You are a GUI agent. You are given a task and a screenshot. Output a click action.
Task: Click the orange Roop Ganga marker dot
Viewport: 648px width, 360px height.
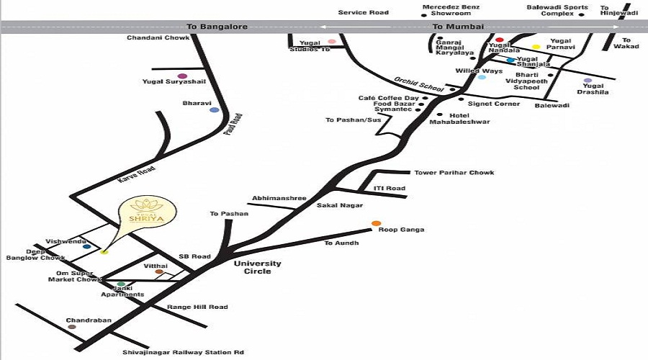[x=376, y=224]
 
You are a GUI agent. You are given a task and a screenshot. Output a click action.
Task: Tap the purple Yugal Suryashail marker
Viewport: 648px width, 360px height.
[x=182, y=76]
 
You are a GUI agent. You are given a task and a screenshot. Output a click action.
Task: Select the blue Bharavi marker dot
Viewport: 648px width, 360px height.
[x=214, y=109]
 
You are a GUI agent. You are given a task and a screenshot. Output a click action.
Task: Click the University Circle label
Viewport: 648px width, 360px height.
[x=257, y=267]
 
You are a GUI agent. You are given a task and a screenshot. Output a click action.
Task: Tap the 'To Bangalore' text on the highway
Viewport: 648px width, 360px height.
[x=217, y=27]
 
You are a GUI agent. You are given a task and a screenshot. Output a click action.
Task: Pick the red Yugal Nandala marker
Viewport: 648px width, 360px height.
[x=499, y=40]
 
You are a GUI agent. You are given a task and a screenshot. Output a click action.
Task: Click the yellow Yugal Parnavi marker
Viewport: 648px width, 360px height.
[x=536, y=48]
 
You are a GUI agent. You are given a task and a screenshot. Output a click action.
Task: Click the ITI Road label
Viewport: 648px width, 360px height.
[x=390, y=188]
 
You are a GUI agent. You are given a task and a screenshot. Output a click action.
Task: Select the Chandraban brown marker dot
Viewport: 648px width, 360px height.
[x=72, y=327]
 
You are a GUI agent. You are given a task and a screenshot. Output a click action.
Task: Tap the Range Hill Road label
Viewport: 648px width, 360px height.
[x=197, y=307]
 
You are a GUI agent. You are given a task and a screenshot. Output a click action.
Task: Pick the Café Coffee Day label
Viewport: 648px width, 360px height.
[x=389, y=97]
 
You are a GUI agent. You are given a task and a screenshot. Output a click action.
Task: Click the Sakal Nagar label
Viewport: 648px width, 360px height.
[x=333, y=205]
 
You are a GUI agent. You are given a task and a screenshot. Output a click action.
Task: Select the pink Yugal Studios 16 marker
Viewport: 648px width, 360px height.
[x=332, y=41]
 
